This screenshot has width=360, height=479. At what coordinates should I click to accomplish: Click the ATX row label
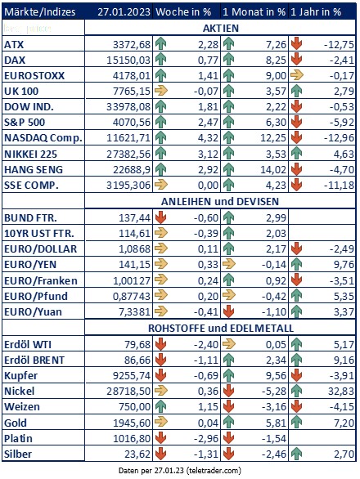coord(14,45)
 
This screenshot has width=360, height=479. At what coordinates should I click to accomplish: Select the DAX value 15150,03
coord(128,60)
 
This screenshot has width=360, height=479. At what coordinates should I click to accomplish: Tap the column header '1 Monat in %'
coord(254,12)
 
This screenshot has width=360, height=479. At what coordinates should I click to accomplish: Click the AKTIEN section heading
coord(221,28)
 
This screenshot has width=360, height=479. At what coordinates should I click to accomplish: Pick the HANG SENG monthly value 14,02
coord(273,169)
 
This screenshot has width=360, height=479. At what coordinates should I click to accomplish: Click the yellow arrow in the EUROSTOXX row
coord(297,75)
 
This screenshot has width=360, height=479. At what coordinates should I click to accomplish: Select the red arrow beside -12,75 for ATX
coord(296,44)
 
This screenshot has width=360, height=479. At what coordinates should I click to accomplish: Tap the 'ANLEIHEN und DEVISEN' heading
coord(220,202)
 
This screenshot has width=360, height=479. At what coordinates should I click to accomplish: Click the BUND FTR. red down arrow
coord(160,217)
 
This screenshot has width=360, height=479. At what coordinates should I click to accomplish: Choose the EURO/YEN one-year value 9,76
coord(344,265)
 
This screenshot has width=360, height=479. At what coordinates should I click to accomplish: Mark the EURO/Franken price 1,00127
coord(132,280)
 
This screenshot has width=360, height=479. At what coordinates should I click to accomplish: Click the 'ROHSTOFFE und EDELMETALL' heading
coord(221,328)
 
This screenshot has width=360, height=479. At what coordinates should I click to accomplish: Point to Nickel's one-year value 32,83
coord(341,392)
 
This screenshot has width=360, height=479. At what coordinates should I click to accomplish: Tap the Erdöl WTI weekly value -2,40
coord(206,345)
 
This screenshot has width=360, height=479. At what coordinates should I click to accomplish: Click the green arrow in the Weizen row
coord(160,407)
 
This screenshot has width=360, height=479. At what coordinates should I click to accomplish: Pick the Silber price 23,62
coord(137,454)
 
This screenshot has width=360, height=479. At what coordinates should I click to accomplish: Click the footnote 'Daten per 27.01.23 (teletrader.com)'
coord(179,471)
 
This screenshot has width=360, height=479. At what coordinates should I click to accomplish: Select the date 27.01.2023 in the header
coord(124,12)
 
